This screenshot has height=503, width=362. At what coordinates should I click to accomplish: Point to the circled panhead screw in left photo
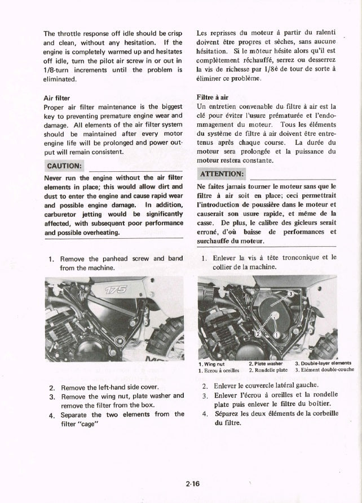(120, 341)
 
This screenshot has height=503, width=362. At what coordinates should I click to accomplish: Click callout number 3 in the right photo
(291, 294)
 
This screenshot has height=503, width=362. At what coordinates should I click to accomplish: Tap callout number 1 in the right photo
(277, 333)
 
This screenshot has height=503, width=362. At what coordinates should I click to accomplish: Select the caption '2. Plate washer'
(265, 364)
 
